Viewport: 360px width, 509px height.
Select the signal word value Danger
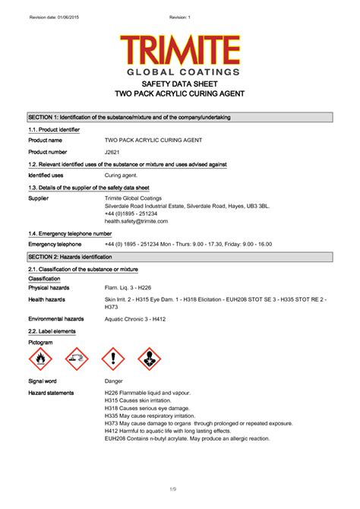point(114,380)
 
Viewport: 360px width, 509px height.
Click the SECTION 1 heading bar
point(180,117)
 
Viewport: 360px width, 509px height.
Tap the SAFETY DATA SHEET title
point(180,84)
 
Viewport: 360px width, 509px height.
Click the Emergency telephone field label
point(55,245)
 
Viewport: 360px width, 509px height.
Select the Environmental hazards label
point(56,319)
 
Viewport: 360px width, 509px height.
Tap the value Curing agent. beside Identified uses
point(122,175)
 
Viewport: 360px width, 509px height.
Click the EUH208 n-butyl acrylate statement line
point(186,438)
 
